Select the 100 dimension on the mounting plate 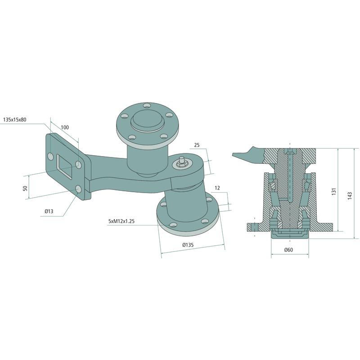click(65, 127)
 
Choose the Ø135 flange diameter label click(188, 245)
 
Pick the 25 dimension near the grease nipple click(196, 145)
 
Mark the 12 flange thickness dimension click(218, 188)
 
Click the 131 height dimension click(333, 192)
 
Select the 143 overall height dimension click(350, 195)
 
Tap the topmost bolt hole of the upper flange click(147, 106)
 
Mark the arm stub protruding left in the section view click(245, 154)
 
